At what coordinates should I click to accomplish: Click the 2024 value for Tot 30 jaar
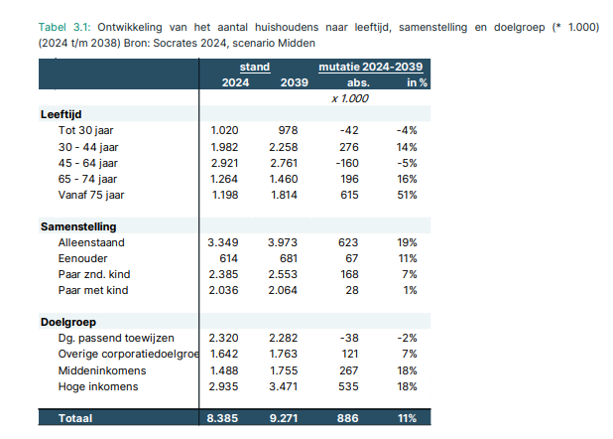click(x=224, y=130)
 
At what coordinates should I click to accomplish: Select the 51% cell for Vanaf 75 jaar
click(x=407, y=195)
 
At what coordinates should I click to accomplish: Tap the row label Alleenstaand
click(x=91, y=242)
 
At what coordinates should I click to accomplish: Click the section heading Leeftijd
click(x=61, y=114)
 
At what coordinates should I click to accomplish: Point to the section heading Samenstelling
click(x=78, y=226)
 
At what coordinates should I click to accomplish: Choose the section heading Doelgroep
click(x=68, y=323)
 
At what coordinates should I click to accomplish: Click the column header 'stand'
click(x=255, y=67)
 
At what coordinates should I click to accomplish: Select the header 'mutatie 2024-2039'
click(x=371, y=67)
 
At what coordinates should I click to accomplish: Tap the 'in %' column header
click(x=418, y=83)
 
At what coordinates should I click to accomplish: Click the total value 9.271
click(x=284, y=418)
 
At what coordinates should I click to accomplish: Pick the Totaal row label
click(x=75, y=418)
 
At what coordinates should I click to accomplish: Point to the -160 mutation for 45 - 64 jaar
click(x=347, y=163)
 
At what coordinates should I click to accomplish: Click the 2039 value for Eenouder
click(x=286, y=258)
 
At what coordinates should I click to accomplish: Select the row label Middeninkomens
click(x=102, y=370)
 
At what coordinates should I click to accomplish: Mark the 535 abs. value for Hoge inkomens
click(x=348, y=387)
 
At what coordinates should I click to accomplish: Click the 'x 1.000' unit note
click(x=350, y=98)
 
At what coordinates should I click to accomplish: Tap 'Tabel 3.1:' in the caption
click(x=64, y=28)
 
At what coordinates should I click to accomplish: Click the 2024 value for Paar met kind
click(x=223, y=291)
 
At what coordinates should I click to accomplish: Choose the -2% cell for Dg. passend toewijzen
click(x=407, y=338)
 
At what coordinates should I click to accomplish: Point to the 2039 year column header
click(x=295, y=83)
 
